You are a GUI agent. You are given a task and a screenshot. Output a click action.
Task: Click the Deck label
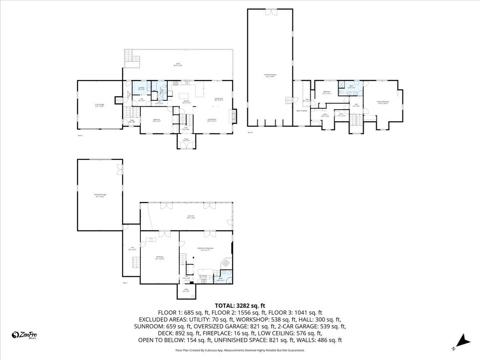coord(178,64)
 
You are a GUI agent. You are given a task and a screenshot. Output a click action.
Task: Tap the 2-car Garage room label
coord(100,105)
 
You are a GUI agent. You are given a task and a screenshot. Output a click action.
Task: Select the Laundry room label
coord(141,88)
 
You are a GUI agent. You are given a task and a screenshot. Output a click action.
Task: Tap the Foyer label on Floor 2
coord(186,140)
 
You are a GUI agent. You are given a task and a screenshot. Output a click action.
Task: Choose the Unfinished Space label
coord(270,75)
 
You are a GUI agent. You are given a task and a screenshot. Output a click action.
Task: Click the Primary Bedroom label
coord(383,102)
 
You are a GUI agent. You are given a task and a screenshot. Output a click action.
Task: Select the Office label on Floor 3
coord(325,115)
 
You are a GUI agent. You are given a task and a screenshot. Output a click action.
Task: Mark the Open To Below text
coord(302,110)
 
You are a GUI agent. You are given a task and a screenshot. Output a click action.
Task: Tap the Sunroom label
coord(190,217)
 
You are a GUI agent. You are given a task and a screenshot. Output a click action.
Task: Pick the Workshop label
coord(159,257)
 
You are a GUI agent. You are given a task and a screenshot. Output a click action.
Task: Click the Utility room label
coord(186,290)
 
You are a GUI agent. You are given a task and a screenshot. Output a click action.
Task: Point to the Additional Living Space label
coord(205,248)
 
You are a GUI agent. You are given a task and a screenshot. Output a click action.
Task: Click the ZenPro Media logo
coord(24,335)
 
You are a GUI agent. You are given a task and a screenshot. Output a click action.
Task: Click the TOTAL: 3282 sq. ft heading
coord(240,306)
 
